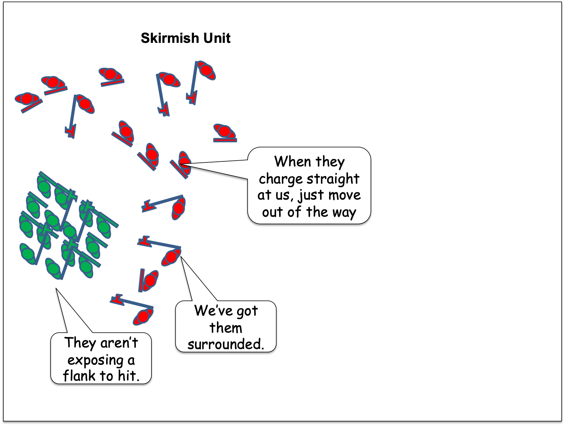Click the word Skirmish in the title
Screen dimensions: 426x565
[x=170, y=38]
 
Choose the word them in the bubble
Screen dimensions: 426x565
[x=226, y=328]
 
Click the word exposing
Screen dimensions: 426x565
[x=95, y=360]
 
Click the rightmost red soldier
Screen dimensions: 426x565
[x=224, y=131]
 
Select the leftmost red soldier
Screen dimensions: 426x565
[x=27, y=99]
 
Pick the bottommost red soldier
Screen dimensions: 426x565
[x=143, y=317]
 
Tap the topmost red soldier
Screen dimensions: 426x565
[x=206, y=70]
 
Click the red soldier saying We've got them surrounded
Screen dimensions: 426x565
[x=171, y=257]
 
